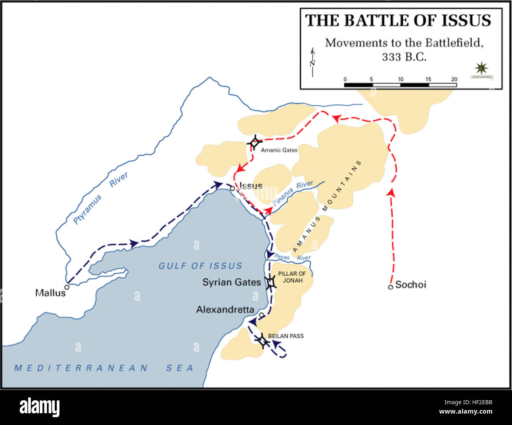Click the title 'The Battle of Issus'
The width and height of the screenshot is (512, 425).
(398, 20)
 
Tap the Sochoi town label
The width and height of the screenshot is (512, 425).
(410, 285)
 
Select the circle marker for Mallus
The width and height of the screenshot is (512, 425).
(67, 287)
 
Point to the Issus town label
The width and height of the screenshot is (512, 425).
(251, 186)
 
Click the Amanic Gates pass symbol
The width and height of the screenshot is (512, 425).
(255, 143)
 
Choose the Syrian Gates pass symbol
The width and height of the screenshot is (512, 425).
(271, 282)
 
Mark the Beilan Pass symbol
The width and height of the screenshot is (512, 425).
(262, 341)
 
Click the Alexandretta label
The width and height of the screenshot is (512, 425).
(225, 309)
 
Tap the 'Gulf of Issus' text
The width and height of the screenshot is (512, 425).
(200, 266)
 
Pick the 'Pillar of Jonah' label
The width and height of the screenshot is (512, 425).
(292, 277)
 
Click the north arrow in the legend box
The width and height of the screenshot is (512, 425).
(313, 62)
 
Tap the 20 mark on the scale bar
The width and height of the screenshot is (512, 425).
(454, 79)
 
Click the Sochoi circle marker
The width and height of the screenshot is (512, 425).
(390, 287)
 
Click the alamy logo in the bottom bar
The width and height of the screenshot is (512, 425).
(39, 407)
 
